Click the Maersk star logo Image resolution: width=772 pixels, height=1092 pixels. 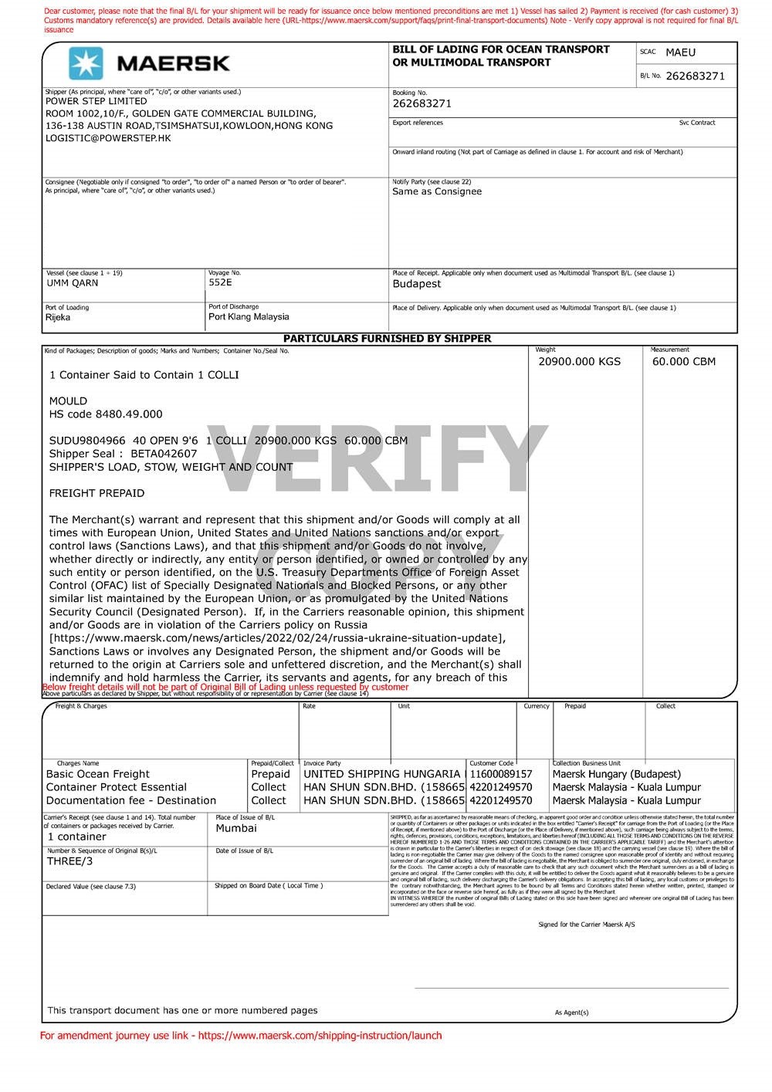pos(85,63)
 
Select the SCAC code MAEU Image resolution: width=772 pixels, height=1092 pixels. pos(680,52)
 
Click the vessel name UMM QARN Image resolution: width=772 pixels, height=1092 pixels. pos(73,283)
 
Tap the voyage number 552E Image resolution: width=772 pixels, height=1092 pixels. pos(220,282)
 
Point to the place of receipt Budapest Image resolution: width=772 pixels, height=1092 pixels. pos(417,284)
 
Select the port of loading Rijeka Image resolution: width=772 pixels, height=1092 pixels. pos(58,317)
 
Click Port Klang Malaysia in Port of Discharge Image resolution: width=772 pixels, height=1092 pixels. pos(249,317)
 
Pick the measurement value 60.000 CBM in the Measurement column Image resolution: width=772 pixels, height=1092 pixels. pos(683,362)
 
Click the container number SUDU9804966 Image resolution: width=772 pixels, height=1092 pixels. pos(87,441)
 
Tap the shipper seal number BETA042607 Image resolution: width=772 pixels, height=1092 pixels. pos(164,454)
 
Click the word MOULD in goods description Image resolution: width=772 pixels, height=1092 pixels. pos(68,401)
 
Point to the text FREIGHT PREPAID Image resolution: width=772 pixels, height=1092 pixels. pos(96,493)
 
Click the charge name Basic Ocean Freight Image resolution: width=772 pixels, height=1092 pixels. pos(98,774)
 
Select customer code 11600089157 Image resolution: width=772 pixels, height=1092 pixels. pos(500,774)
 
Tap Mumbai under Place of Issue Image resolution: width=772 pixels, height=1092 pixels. pos(236,828)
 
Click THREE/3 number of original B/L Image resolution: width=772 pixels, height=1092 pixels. pos(69,861)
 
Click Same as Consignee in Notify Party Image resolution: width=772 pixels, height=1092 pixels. pos(437,191)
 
